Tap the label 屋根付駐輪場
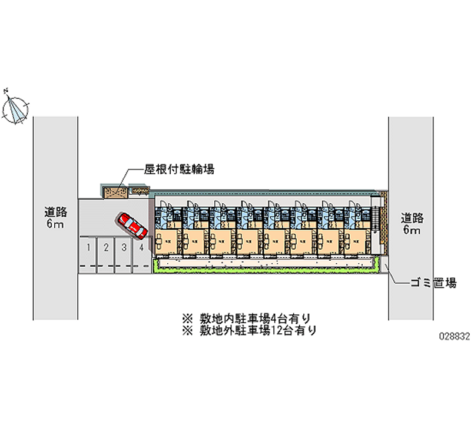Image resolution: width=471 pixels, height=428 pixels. [x=179, y=170]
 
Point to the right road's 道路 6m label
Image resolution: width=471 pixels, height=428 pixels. [x=412, y=223]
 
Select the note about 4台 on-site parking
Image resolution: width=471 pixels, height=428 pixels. [x=250, y=318]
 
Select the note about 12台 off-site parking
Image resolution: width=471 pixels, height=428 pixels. [x=250, y=330]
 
